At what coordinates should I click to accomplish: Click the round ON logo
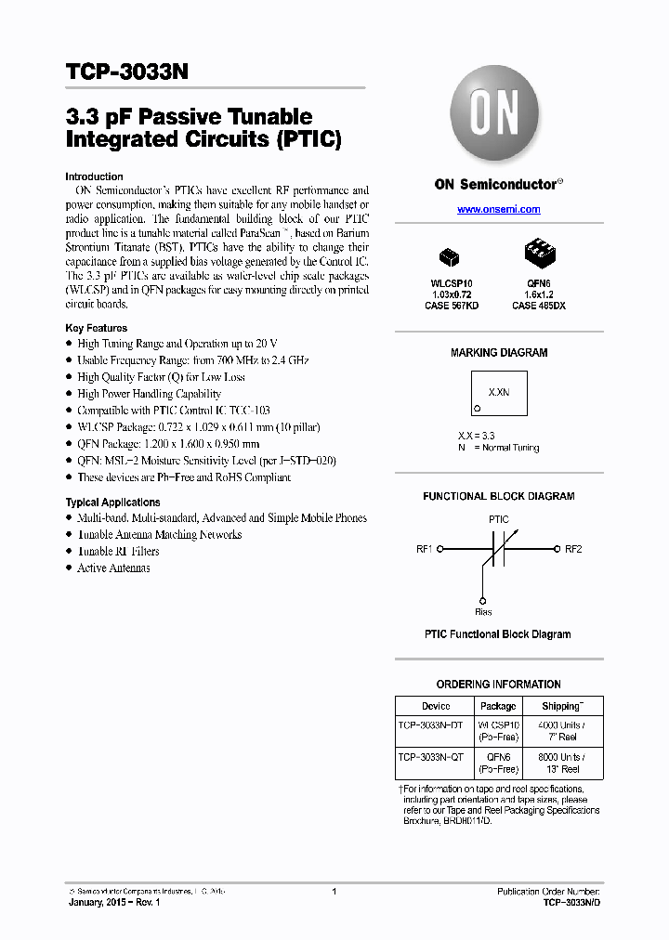498,115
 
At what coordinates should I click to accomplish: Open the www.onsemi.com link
498,210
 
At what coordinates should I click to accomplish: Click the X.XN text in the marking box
499,392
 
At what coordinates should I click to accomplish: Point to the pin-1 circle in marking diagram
477,408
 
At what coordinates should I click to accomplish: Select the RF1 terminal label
425,549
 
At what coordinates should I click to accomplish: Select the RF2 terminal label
573,549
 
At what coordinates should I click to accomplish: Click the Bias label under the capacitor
483,611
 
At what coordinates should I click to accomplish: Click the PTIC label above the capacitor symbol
498,519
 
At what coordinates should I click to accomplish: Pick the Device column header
435,706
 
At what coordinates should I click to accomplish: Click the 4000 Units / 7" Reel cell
560,731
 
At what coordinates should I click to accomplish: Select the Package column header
498,706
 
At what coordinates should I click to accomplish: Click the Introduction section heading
94,176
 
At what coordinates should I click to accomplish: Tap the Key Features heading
97,328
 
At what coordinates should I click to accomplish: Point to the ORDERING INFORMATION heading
498,685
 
